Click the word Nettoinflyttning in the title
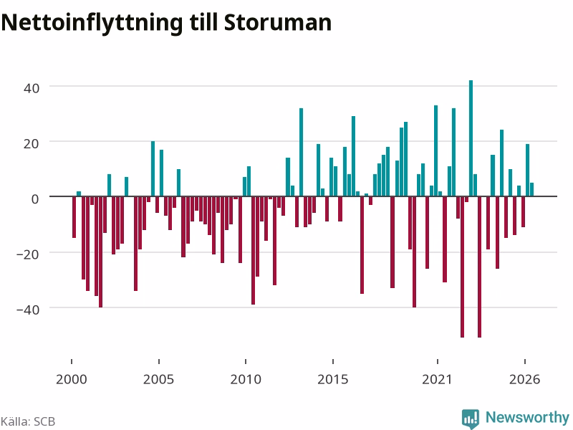click(92, 23)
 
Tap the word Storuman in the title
click(278, 22)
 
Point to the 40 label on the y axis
click(32, 88)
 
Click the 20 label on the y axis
click(32, 143)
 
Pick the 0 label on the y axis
click(35, 199)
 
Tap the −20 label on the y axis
click(28, 254)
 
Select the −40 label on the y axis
click(28, 310)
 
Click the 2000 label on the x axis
click(71, 380)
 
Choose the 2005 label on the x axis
click(158, 380)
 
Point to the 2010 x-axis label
click(246, 380)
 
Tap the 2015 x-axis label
click(333, 380)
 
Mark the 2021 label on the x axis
click(438, 380)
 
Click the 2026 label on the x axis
click(525, 380)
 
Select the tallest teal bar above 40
click(471, 138)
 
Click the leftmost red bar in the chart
click(74, 217)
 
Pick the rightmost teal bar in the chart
click(531, 189)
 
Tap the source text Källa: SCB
click(28, 421)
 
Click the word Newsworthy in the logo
click(527, 417)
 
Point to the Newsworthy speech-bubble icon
click(471, 419)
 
